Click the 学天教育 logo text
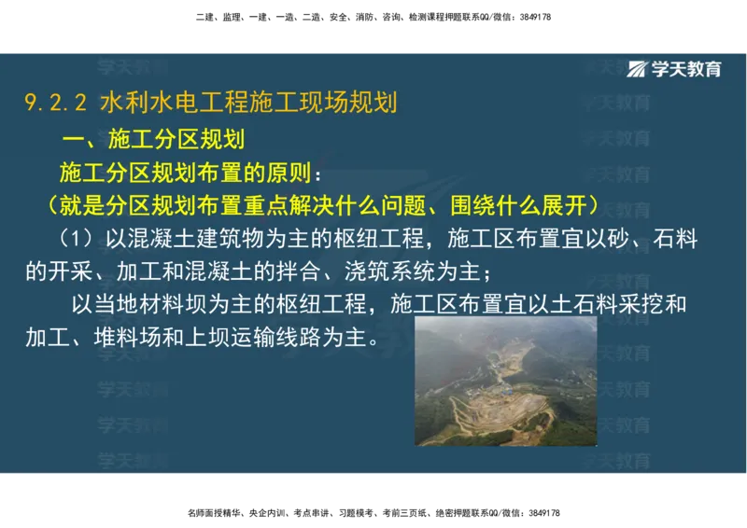coord(687,68)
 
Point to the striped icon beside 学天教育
coord(639,68)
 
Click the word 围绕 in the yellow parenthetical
coord(472,205)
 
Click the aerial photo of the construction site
coord(505,381)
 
